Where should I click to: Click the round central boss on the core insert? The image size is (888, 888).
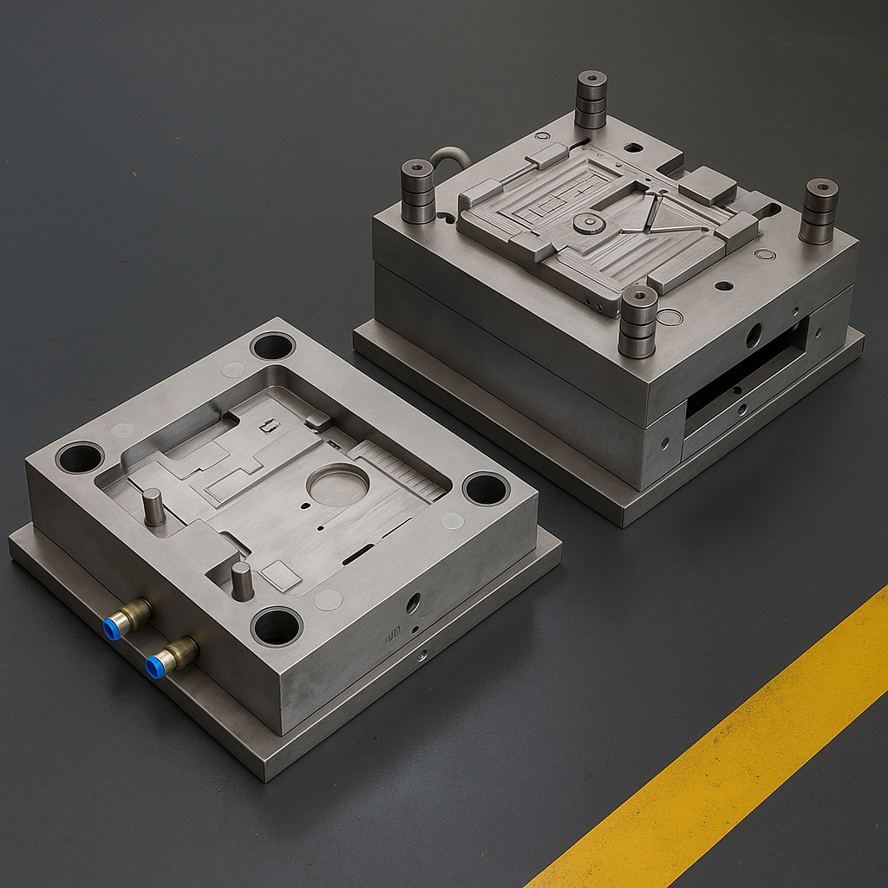point(589,224)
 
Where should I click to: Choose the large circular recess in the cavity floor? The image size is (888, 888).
point(337,485)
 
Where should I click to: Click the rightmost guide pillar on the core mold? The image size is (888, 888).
point(819,211)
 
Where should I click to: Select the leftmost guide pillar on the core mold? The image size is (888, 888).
point(417,191)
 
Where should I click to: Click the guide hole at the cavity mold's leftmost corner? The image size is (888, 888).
point(80,457)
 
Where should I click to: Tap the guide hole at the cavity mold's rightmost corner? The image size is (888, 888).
point(486,488)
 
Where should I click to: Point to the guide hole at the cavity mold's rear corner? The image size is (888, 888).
point(272,346)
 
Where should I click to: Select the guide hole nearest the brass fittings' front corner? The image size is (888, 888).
point(277,626)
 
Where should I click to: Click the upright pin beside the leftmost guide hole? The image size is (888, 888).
point(153,506)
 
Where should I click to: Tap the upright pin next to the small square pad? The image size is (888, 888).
point(242,580)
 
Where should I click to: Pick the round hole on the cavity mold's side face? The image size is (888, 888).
point(413,602)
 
